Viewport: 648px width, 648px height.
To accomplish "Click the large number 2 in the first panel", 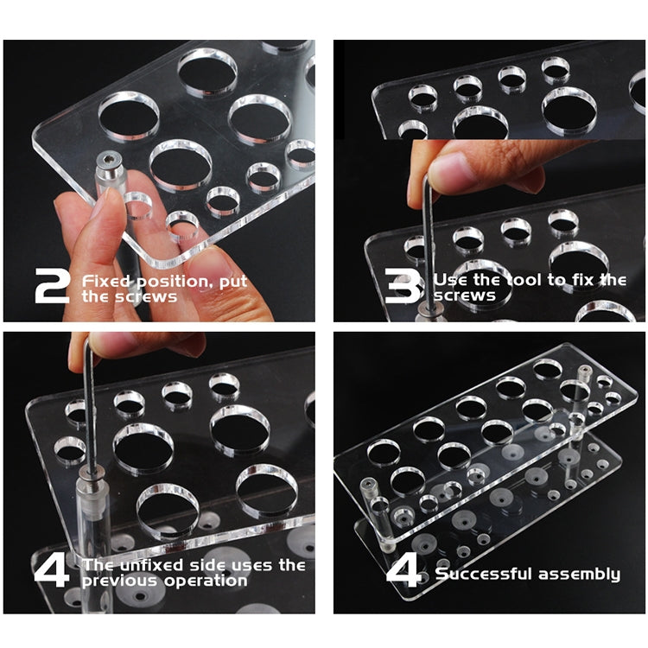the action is (52, 286).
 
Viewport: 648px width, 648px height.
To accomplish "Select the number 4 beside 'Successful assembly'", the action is (404, 569).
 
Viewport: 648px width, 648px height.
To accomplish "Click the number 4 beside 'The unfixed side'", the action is (52, 569).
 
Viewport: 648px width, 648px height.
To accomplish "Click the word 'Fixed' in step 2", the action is (105, 281).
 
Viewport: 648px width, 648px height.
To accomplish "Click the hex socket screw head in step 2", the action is (108, 160).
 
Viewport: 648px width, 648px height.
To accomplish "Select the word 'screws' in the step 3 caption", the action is (465, 295).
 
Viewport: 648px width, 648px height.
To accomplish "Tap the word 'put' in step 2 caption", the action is (233, 283).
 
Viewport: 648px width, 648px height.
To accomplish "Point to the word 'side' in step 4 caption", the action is (206, 565).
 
